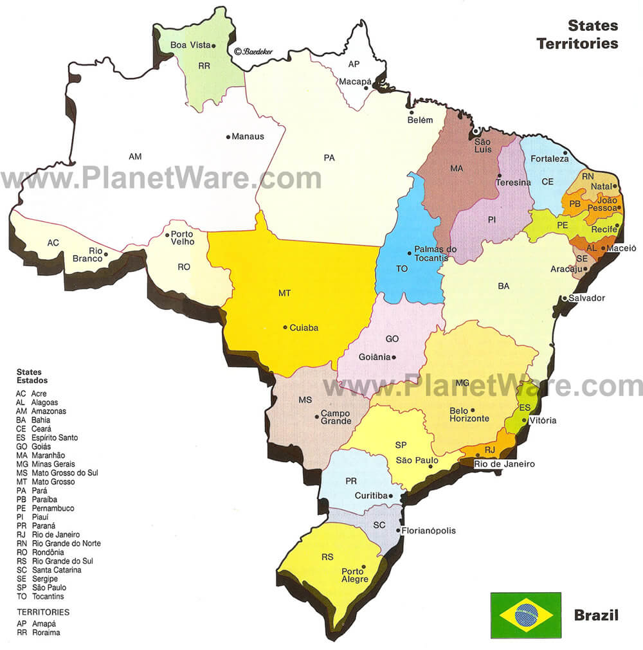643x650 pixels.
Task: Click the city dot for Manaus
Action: click(228, 136)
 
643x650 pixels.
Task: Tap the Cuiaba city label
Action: click(303, 327)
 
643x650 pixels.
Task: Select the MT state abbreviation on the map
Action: click(284, 293)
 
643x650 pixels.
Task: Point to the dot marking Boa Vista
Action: click(213, 45)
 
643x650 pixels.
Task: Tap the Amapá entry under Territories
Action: click(36, 624)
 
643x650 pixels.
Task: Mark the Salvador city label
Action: click(586, 298)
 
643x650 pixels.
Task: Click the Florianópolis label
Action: click(428, 531)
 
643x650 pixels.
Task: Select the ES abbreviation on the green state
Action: click(525, 408)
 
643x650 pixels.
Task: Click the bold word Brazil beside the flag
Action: click(596, 615)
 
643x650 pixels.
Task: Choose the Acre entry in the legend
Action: click(38, 393)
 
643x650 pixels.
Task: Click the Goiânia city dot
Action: click(394, 357)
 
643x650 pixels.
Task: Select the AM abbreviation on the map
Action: click(135, 156)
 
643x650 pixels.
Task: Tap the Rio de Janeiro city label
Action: click(504, 464)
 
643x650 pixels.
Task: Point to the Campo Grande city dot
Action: click(317, 417)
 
